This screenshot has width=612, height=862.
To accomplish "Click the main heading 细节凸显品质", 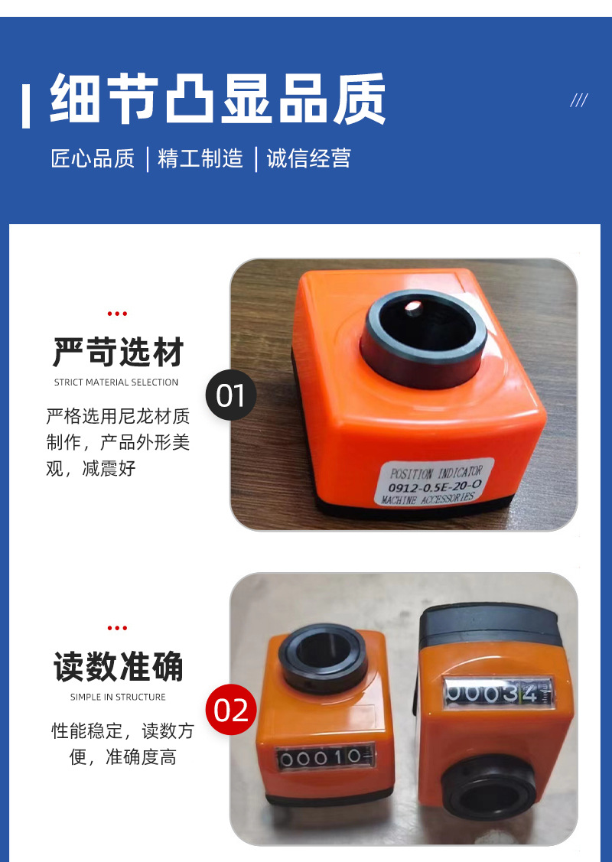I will pyautogui.click(x=218, y=99).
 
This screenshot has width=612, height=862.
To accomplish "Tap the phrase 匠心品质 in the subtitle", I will pyautogui.click(x=93, y=158).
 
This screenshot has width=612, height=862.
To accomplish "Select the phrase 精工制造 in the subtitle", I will pyautogui.click(x=200, y=158).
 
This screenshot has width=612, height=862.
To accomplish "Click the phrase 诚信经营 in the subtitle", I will pyautogui.click(x=308, y=158).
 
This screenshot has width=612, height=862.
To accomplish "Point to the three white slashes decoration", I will pyautogui.click(x=579, y=100).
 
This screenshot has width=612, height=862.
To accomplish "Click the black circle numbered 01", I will pyautogui.click(x=231, y=395).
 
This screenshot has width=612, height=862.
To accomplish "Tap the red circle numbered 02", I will pyautogui.click(x=231, y=709).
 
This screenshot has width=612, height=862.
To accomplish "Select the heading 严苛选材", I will pyautogui.click(x=118, y=353).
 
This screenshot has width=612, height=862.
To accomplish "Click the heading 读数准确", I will pyautogui.click(x=118, y=666).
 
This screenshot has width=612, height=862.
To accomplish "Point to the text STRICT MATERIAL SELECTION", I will pyautogui.click(x=116, y=382).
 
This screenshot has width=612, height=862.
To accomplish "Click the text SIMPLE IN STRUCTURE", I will pyautogui.click(x=118, y=697).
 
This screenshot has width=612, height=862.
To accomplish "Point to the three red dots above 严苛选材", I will pyautogui.click(x=117, y=314).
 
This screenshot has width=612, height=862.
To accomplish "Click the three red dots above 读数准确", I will pyautogui.click(x=117, y=628).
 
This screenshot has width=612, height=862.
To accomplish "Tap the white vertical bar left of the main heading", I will pyautogui.click(x=26, y=105).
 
